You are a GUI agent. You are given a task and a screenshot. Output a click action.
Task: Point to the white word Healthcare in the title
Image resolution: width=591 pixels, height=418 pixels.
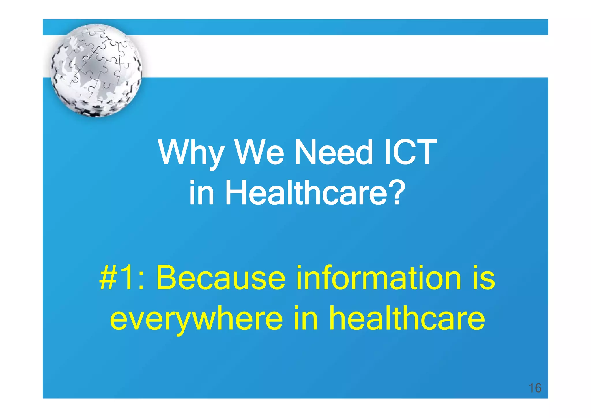(x=306, y=193)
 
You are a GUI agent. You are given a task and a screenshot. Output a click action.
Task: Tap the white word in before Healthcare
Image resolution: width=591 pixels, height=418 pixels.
(x=202, y=193)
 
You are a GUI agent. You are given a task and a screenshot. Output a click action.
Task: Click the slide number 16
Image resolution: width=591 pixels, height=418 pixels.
(x=535, y=388)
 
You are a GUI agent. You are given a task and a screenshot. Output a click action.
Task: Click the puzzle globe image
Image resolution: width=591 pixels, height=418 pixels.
(x=96, y=70)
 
